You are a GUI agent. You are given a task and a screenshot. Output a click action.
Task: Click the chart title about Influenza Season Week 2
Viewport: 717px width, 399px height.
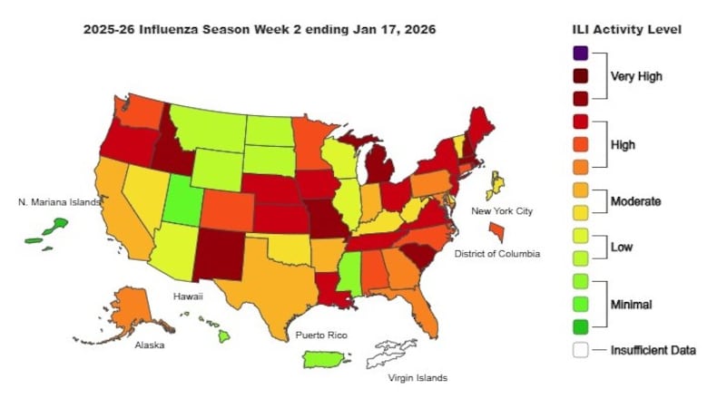click(x=260, y=29)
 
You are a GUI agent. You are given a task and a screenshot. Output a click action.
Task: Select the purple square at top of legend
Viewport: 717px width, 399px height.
click(x=580, y=54)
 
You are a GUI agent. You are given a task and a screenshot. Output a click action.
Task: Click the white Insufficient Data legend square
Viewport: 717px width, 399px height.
click(x=580, y=350)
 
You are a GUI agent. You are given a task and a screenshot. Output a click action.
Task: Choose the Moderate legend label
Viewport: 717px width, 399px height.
click(x=635, y=200)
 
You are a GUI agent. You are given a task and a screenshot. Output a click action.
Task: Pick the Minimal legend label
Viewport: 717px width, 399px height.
click(x=633, y=304)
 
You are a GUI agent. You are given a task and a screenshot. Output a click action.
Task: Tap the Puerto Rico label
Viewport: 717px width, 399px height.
click(x=321, y=335)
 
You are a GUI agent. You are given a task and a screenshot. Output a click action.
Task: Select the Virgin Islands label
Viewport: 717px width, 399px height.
click(x=417, y=377)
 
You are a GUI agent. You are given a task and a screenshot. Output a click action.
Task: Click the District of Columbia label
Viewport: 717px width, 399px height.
click(x=497, y=254)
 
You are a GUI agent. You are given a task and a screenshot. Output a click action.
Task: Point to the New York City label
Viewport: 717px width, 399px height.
click(x=501, y=211)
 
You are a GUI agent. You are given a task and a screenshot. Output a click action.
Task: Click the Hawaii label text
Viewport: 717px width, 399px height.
click(x=188, y=296)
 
